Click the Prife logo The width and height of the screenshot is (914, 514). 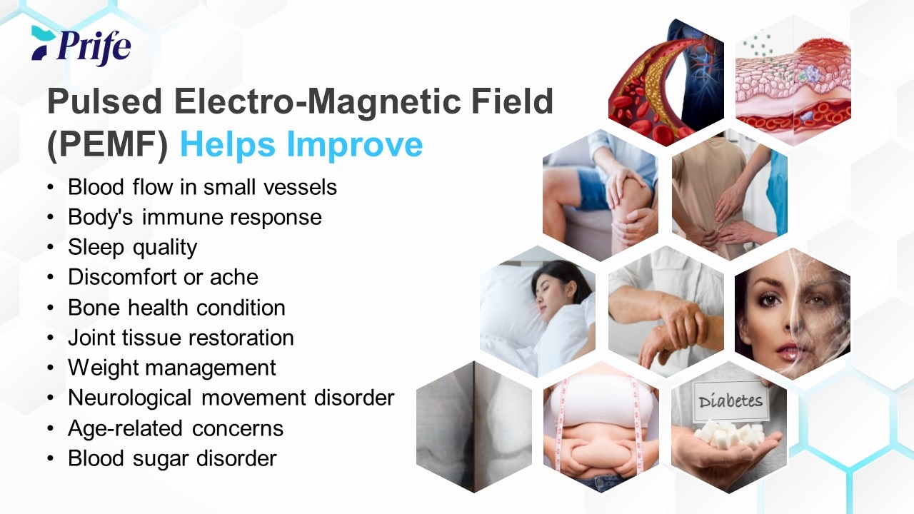pos(81,46)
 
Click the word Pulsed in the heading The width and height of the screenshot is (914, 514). pos(105,101)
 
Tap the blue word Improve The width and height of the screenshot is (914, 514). pos(355,144)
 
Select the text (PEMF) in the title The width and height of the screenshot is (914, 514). pos(108,145)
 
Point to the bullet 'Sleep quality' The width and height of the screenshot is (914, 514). pos(133,247)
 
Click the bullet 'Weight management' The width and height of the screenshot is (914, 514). pos(172,368)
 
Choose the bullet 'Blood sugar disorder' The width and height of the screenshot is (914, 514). pos(172,458)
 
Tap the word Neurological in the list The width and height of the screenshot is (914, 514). pos(129,398)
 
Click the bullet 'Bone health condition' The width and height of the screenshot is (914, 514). pos(176,308)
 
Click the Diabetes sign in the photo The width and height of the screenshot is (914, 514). pos(730,401)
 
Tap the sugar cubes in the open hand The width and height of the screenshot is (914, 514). pos(730,435)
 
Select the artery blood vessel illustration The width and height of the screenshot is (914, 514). pos(666,82)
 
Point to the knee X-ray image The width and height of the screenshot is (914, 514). pos(473,427)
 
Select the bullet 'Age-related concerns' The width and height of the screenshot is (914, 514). pos(176,428)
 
